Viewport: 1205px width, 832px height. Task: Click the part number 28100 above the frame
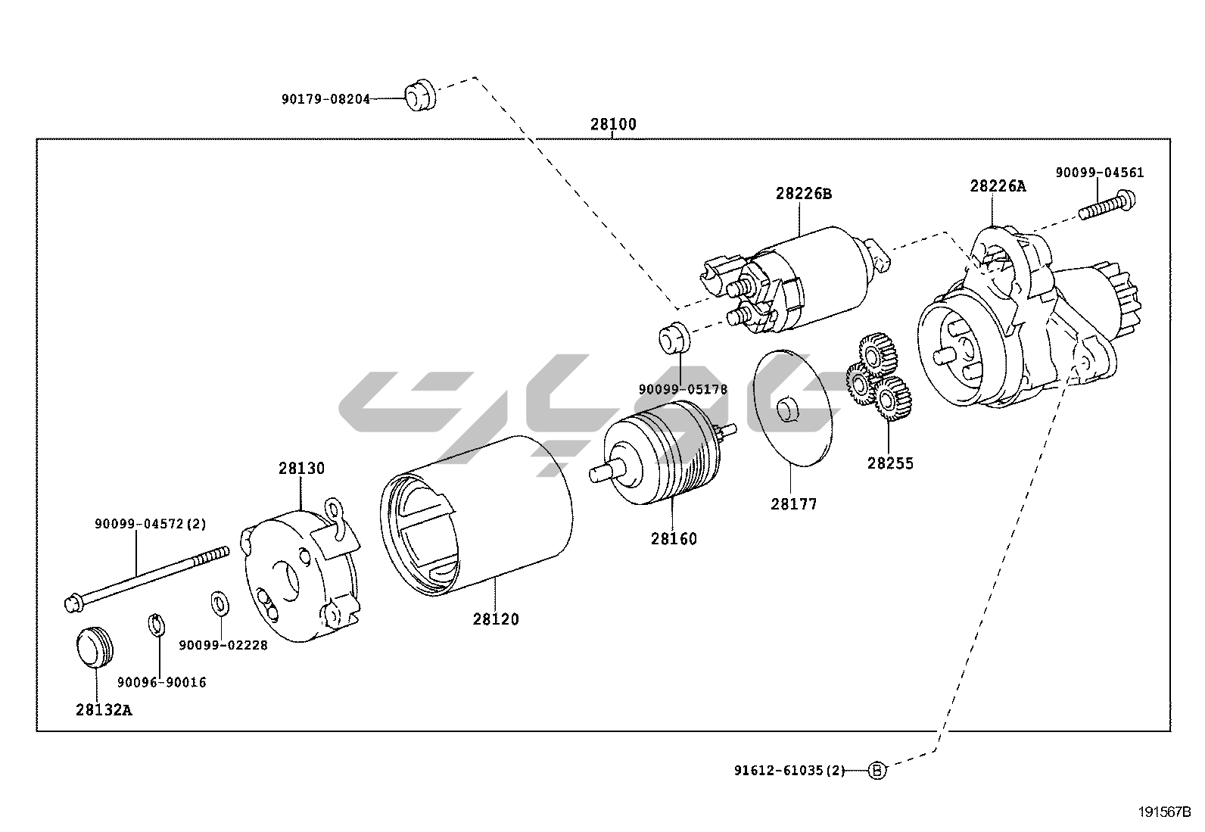pyautogui.click(x=613, y=125)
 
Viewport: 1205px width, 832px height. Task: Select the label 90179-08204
pyautogui.click(x=325, y=99)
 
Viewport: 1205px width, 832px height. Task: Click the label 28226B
pyautogui.click(x=803, y=194)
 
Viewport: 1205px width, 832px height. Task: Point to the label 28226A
pyautogui.click(x=998, y=186)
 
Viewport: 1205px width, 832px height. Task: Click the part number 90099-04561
pyautogui.click(x=1100, y=173)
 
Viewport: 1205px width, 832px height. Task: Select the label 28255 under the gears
pyautogui.click(x=890, y=463)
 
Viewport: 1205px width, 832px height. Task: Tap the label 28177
pyautogui.click(x=794, y=504)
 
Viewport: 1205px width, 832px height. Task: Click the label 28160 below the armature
pyautogui.click(x=674, y=540)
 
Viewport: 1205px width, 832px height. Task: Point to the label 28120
pyautogui.click(x=496, y=619)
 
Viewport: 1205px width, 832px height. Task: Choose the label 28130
pyautogui.click(x=300, y=469)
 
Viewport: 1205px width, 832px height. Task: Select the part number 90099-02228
pyautogui.click(x=223, y=646)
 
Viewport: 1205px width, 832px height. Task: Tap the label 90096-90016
pyautogui.click(x=161, y=682)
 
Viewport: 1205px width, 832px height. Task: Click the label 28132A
pyautogui.click(x=104, y=710)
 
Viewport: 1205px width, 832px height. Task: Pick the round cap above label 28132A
pyautogui.click(x=95, y=648)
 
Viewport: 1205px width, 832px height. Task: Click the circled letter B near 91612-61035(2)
pyautogui.click(x=876, y=771)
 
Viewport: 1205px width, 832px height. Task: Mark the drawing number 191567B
pyautogui.click(x=1164, y=813)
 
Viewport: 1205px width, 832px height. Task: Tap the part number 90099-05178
pyautogui.click(x=683, y=390)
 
